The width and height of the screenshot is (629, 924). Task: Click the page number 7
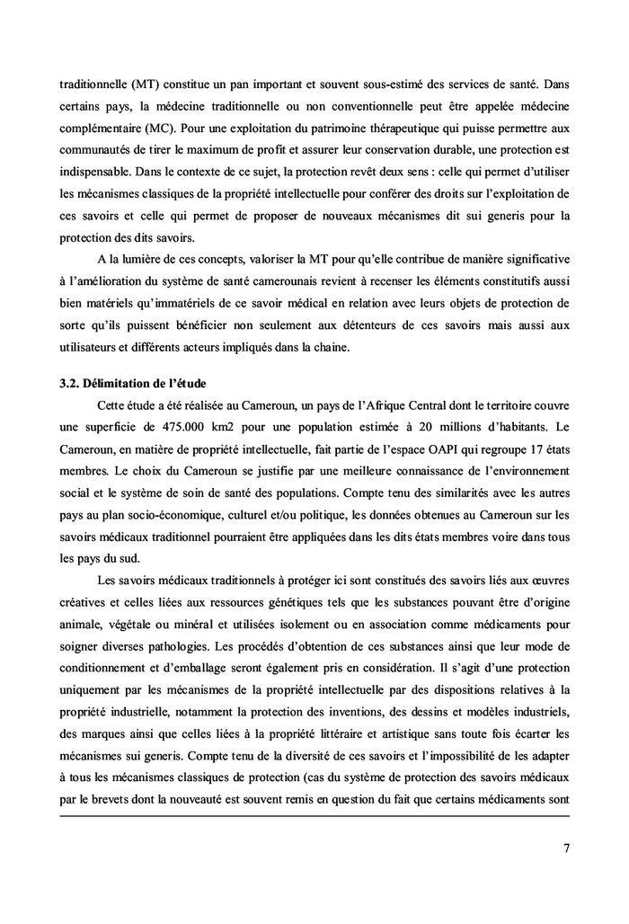coord(566,848)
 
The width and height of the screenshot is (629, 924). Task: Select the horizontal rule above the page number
coord(314,815)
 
